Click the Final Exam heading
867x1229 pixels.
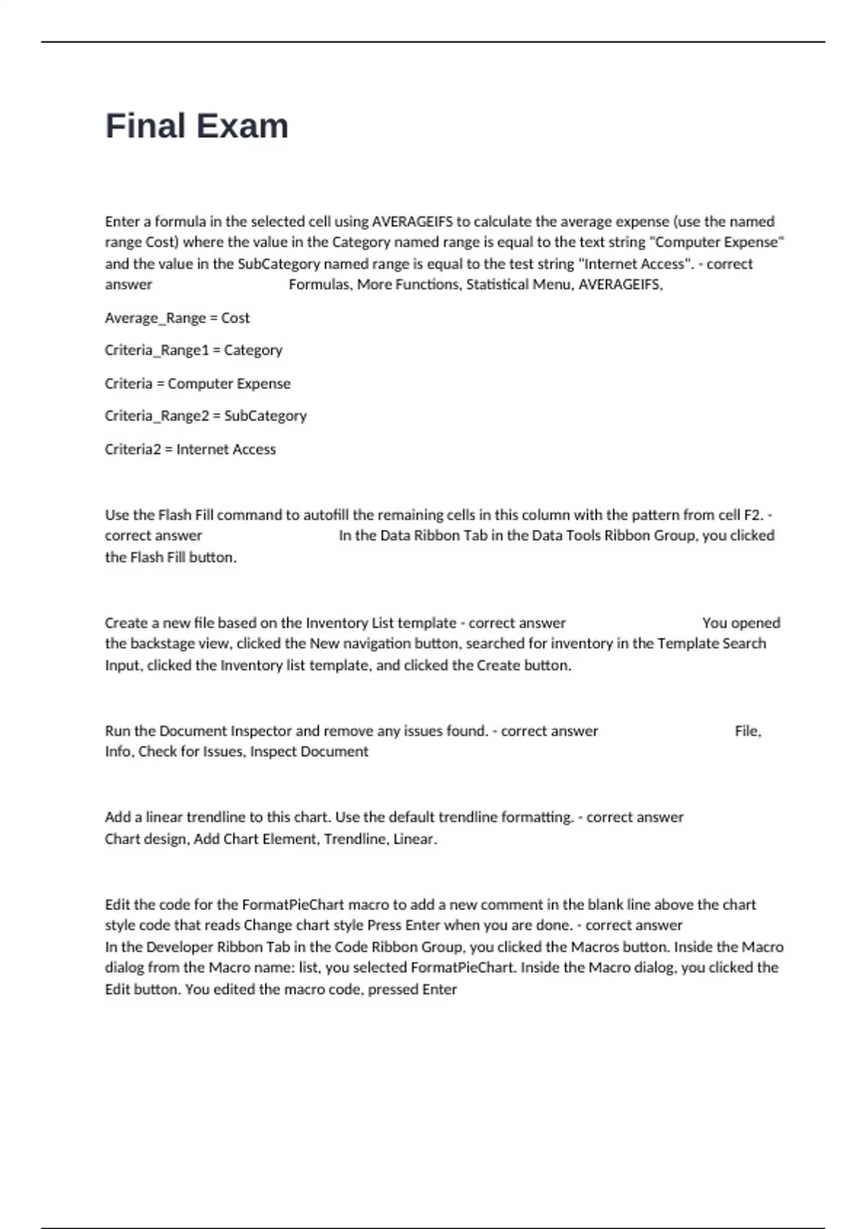[197, 127]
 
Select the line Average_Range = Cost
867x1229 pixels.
[177, 318]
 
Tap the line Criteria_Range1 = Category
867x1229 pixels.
[193, 351]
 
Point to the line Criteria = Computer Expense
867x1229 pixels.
[197, 384]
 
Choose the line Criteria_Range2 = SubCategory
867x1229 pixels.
[205, 416]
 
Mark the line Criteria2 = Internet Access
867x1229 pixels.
[190, 450]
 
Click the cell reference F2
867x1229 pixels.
[753, 515]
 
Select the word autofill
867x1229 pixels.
[326, 515]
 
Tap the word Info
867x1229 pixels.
[118, 752]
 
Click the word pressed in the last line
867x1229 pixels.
[393, 990]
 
